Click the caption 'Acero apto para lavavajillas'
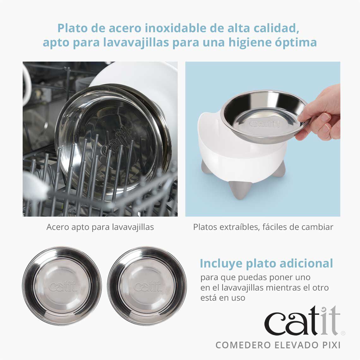[x=100, y=227]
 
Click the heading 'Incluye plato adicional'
[x=266, y=263]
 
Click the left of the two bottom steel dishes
[x=62, y=286]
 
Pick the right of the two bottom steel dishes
[x=147, y=286]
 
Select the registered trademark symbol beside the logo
[x=343, y=333]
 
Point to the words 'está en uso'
[x=223, y=297]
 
